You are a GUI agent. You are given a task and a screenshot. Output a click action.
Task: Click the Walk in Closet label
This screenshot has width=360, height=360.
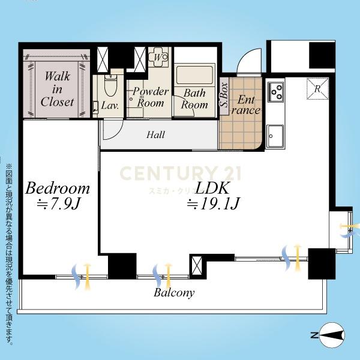coord(57,89)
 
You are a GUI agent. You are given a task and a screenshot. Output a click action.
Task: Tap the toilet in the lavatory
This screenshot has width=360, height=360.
coord(110,86)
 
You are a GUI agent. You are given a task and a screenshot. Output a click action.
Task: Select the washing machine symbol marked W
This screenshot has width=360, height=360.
coord(158,57)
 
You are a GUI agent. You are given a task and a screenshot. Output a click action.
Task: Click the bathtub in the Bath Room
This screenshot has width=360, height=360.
coord(194,75)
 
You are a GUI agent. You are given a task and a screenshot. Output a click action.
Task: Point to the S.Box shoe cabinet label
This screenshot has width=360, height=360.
coord(224,95)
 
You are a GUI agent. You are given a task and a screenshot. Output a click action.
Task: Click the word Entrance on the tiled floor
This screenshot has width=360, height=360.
coord(246,104)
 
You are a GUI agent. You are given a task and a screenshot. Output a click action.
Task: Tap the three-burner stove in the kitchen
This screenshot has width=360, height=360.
coord(276,92)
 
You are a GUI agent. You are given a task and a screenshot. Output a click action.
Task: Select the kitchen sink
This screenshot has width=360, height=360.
coord(275,136)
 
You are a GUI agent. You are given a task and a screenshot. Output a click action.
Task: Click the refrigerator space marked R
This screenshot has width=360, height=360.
coord(317,89)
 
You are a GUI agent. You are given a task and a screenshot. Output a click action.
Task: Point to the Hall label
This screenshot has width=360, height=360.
coord(155,135)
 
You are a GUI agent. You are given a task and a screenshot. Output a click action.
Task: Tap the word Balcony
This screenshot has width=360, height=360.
coord(174,293)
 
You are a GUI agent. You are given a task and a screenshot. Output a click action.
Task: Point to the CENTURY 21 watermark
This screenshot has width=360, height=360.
coord(180,173)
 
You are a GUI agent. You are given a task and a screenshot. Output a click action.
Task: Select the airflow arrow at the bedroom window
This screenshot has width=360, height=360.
coord(81,277)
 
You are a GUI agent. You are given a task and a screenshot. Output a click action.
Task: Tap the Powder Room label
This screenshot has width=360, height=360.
coord(151,97)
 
